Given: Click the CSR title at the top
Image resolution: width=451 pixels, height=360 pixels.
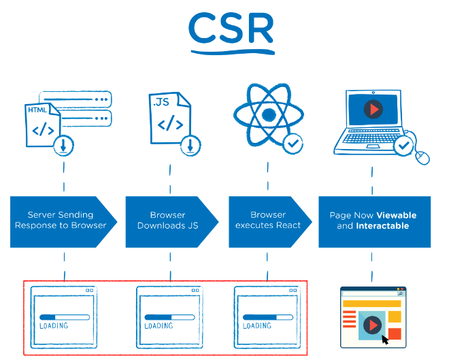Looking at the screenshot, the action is [231, 28].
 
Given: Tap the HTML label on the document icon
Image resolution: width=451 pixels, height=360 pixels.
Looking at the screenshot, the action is [37, 110].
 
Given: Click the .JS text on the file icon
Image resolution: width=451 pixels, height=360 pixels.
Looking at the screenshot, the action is [161, 102].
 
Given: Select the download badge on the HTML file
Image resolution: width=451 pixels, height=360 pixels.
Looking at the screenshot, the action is [63, 146].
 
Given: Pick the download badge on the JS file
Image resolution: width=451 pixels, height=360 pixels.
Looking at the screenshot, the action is [190, 146].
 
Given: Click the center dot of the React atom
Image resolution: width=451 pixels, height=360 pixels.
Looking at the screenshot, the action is [269, 114].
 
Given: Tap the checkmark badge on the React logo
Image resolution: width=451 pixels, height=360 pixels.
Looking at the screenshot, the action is [293, 144].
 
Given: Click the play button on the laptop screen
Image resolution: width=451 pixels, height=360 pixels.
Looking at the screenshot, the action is [373, 110].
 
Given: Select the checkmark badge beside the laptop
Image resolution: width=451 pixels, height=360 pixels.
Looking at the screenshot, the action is [404, 146].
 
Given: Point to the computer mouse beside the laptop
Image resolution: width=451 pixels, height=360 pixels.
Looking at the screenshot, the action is [422, 158].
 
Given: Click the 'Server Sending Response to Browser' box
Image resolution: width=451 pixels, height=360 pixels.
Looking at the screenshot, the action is [63, 222].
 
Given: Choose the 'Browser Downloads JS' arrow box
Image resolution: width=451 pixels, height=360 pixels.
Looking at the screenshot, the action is [172, 222].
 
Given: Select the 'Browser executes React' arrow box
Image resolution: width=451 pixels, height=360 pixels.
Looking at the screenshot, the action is [270, 222].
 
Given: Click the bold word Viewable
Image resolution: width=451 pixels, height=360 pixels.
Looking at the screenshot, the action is [397, 215].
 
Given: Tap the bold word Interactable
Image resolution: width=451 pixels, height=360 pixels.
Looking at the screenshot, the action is [382, 226].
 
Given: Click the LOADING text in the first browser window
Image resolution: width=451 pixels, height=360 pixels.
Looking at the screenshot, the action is [54, 326].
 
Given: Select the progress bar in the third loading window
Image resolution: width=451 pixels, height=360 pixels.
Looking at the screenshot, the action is [268, 317].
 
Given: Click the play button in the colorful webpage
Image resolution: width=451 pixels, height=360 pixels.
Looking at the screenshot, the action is [373, 325].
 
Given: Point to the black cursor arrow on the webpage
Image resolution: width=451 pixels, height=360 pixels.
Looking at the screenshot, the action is [385, 340].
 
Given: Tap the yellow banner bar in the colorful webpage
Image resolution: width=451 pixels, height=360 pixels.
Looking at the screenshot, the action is [372, 304].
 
